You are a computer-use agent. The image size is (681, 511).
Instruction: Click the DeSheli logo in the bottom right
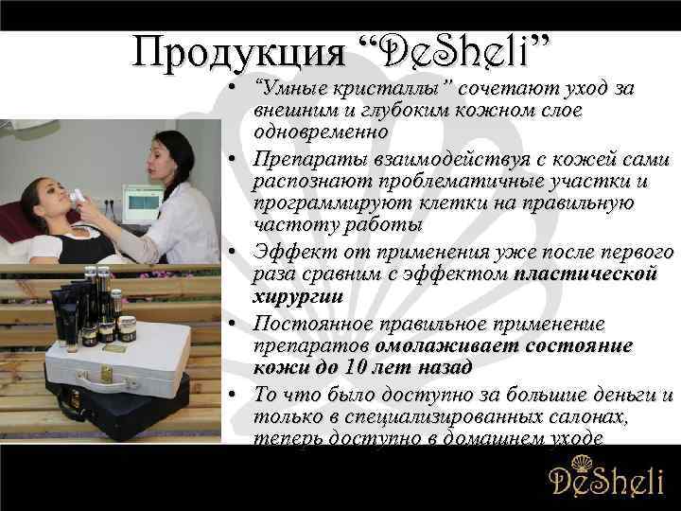(606, 480)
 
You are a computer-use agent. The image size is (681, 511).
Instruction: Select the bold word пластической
(585, 273)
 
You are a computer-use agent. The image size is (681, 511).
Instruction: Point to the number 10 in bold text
(352, 366)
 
